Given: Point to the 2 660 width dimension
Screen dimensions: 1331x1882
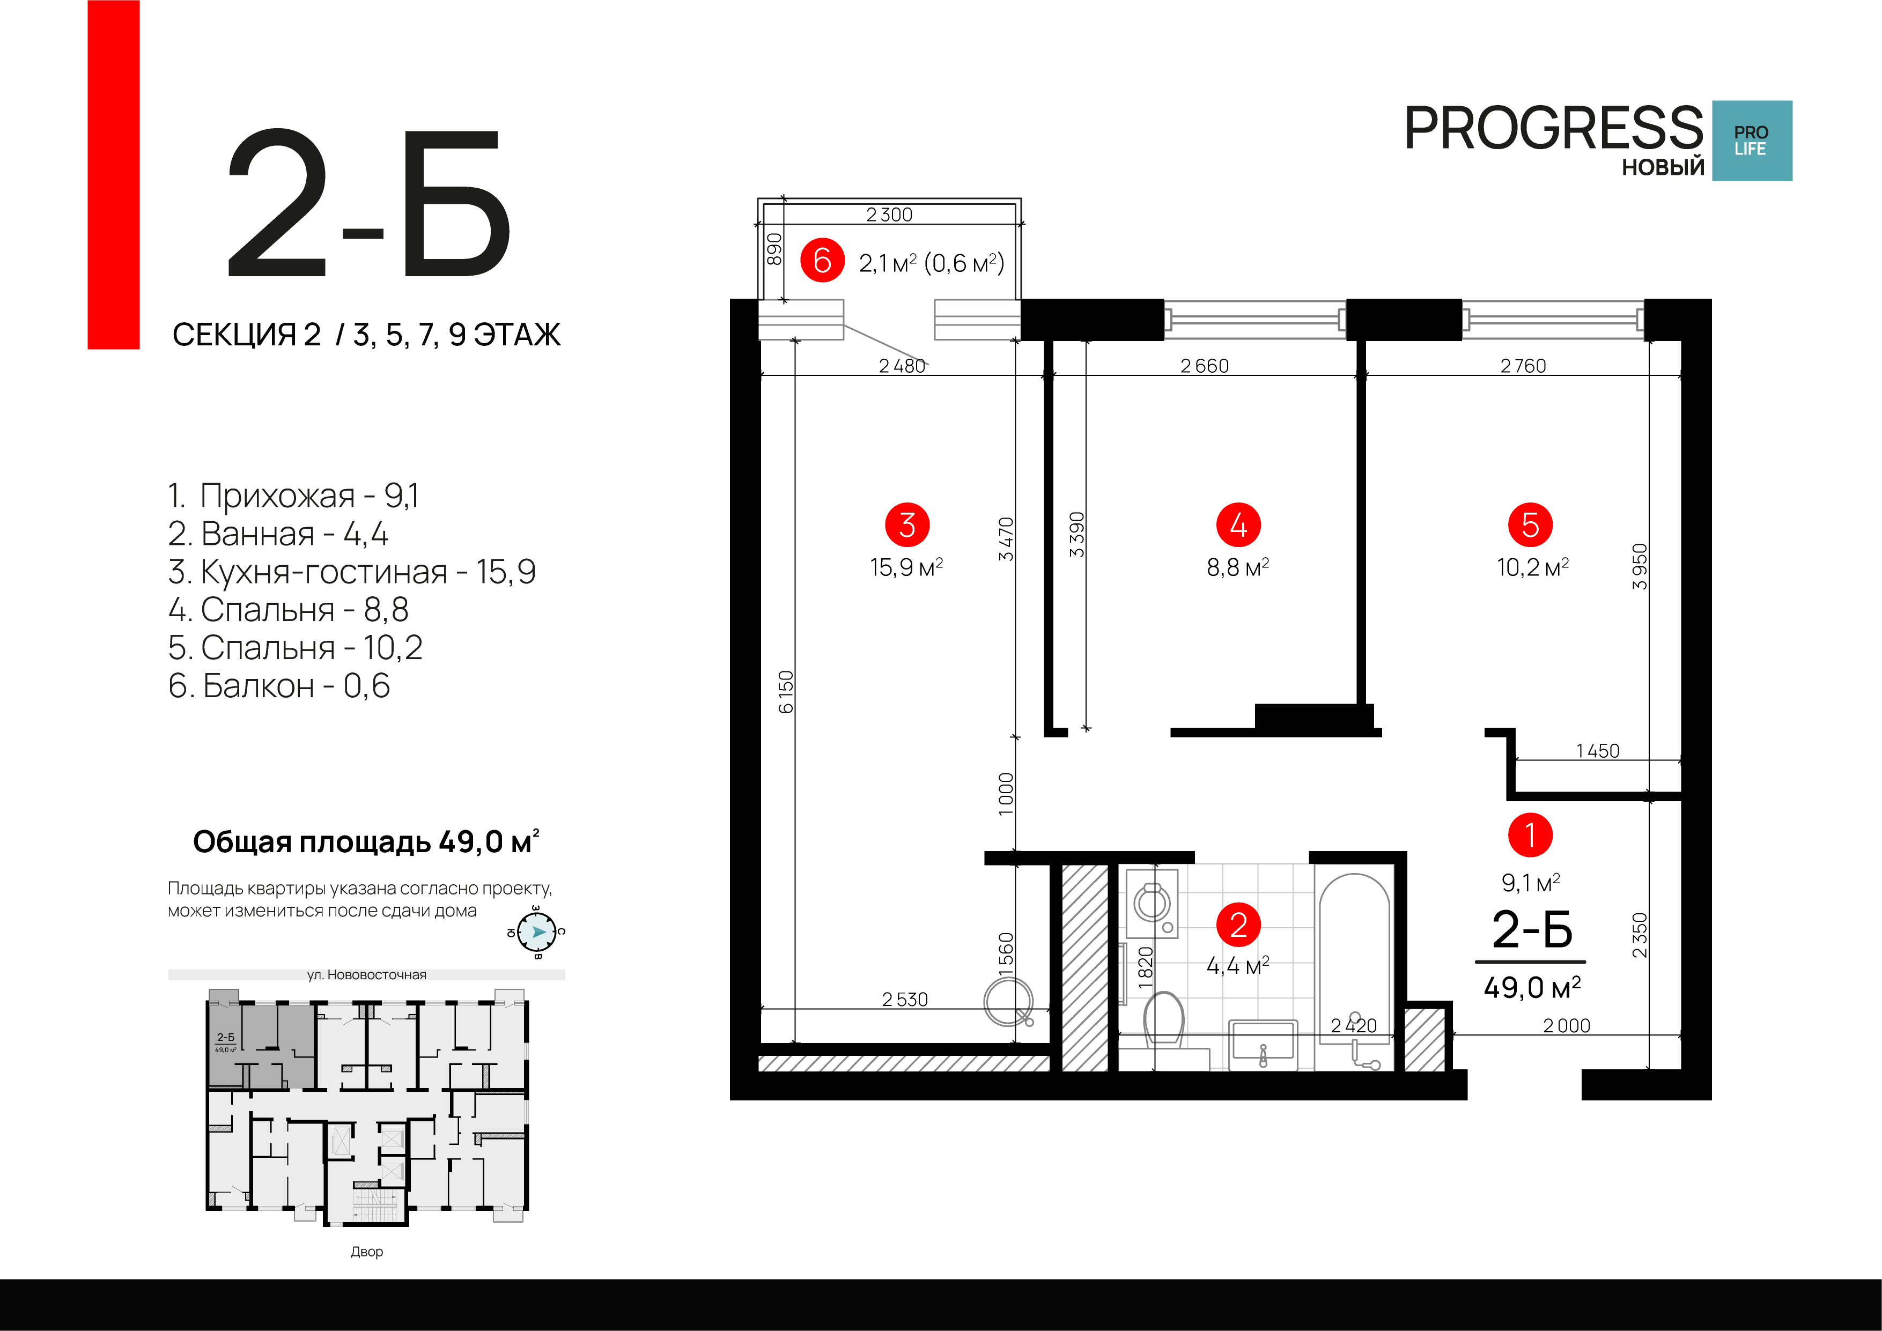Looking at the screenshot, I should coord(1204,366).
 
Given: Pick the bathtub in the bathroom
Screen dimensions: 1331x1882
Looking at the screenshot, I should coord(1354,967).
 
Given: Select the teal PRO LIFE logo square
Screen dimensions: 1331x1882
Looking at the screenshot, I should coord(1752,141).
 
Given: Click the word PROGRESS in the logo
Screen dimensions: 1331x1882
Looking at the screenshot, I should coord(1553,129).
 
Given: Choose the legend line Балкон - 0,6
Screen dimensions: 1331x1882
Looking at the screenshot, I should coord(279,686).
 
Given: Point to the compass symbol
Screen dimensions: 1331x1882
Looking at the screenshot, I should coord(537,932).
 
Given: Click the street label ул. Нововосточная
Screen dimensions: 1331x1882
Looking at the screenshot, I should coord(366,974).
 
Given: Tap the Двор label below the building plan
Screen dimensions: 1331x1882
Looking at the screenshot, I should coord(366,1252).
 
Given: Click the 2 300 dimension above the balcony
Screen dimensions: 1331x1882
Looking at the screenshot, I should coord(889,215).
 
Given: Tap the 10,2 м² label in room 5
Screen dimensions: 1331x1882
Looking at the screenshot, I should coord(1532,567).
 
